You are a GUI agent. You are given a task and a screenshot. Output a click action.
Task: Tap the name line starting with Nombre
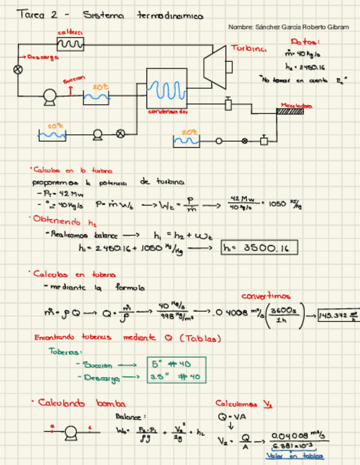point(288,27)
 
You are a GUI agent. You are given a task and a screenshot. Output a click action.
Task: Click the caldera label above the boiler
point(70,33)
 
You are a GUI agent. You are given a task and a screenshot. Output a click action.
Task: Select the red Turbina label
point(249,48)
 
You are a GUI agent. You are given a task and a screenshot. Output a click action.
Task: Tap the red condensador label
point(167,111)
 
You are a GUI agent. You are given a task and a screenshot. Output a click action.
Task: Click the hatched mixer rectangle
point(289,112)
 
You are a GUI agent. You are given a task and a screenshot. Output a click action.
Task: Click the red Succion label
point(74,80)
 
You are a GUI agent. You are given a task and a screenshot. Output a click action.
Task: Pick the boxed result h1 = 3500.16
point(260,248)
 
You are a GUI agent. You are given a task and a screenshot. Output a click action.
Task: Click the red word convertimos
point(267,296)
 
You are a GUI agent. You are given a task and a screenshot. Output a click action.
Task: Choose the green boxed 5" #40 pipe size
point(177,364)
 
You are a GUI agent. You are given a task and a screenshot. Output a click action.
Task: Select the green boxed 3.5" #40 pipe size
point(177,377)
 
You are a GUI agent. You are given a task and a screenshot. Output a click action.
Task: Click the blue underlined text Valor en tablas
point(295,456)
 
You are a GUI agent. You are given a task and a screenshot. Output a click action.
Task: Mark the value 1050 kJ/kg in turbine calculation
point(285,204)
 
